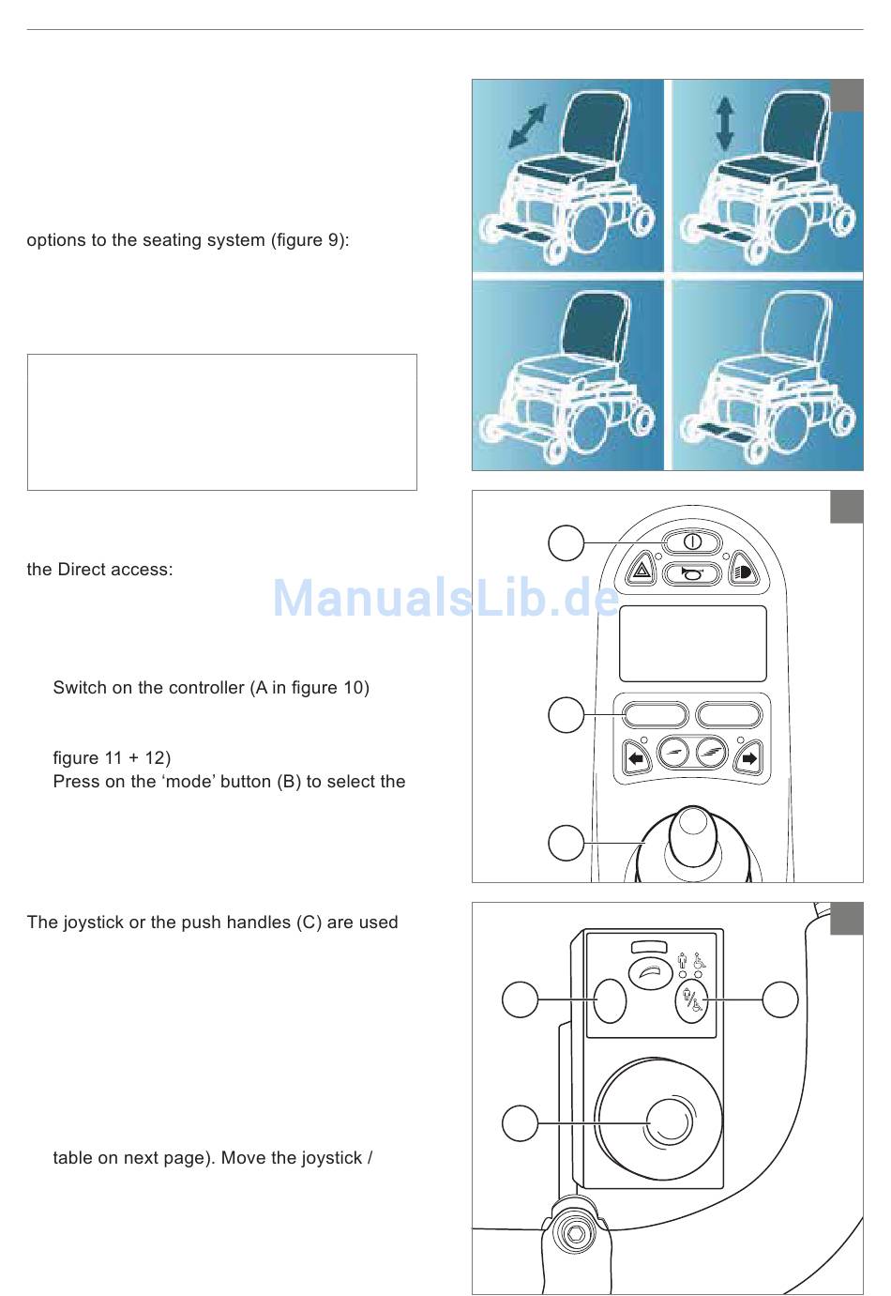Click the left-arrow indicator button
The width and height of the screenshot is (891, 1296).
(637, 757)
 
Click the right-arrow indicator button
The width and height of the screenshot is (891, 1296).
(748, 757)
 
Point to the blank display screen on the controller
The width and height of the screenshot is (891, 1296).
(692, 644)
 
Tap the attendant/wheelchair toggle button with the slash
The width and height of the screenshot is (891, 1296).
(691, 1001)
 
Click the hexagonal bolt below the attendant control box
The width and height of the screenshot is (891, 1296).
(575, 1233)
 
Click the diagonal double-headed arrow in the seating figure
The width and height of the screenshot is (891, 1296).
(527, 126)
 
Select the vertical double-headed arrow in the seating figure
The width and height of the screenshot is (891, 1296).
(724, 124)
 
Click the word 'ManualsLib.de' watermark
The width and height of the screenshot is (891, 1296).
(445, 598)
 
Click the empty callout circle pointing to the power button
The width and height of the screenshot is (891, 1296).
(566, 542)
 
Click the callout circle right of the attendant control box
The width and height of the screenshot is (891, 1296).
(780, 999)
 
